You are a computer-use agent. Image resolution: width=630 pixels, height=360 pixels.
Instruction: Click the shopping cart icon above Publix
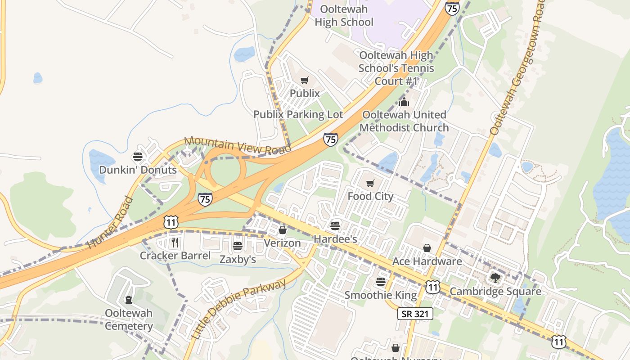tap(305, 81)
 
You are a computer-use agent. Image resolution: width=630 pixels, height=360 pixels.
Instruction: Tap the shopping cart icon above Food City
tap(370, 183)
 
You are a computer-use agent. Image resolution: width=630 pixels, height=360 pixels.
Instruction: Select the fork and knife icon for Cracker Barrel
tap(175, 243)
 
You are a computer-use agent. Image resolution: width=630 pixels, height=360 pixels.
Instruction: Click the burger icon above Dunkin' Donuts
tap(138, 157)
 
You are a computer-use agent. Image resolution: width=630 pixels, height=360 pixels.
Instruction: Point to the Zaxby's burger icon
tap(238, 246)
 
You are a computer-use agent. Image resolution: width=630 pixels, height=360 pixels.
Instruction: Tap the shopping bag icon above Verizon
tap(282, 230)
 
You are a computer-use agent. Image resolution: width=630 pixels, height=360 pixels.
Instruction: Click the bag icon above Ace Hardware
tap(427, 248)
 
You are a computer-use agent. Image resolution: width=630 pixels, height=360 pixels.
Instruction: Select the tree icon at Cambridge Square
tap(495, 278)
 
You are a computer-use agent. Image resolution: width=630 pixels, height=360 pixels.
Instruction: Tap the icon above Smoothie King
tap(381, 282)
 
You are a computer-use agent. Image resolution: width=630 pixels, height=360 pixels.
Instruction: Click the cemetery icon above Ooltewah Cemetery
tap(129, 299)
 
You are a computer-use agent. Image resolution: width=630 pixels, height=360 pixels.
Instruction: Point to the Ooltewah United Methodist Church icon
tap(404, 102)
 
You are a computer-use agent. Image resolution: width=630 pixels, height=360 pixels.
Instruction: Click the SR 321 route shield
tap(415, 314)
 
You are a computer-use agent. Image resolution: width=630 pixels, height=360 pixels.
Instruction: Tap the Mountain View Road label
tap(238, 147)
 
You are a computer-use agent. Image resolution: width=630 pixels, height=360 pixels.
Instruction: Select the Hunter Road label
tap(110, 223)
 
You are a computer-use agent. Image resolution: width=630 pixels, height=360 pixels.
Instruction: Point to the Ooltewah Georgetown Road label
tap(518, 67)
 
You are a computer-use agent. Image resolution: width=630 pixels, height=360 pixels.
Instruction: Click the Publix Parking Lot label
tap(298, 114)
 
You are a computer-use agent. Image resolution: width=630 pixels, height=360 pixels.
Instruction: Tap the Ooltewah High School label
tap(344, 15)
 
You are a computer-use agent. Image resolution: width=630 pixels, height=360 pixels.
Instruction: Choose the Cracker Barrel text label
tap(175, 256)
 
